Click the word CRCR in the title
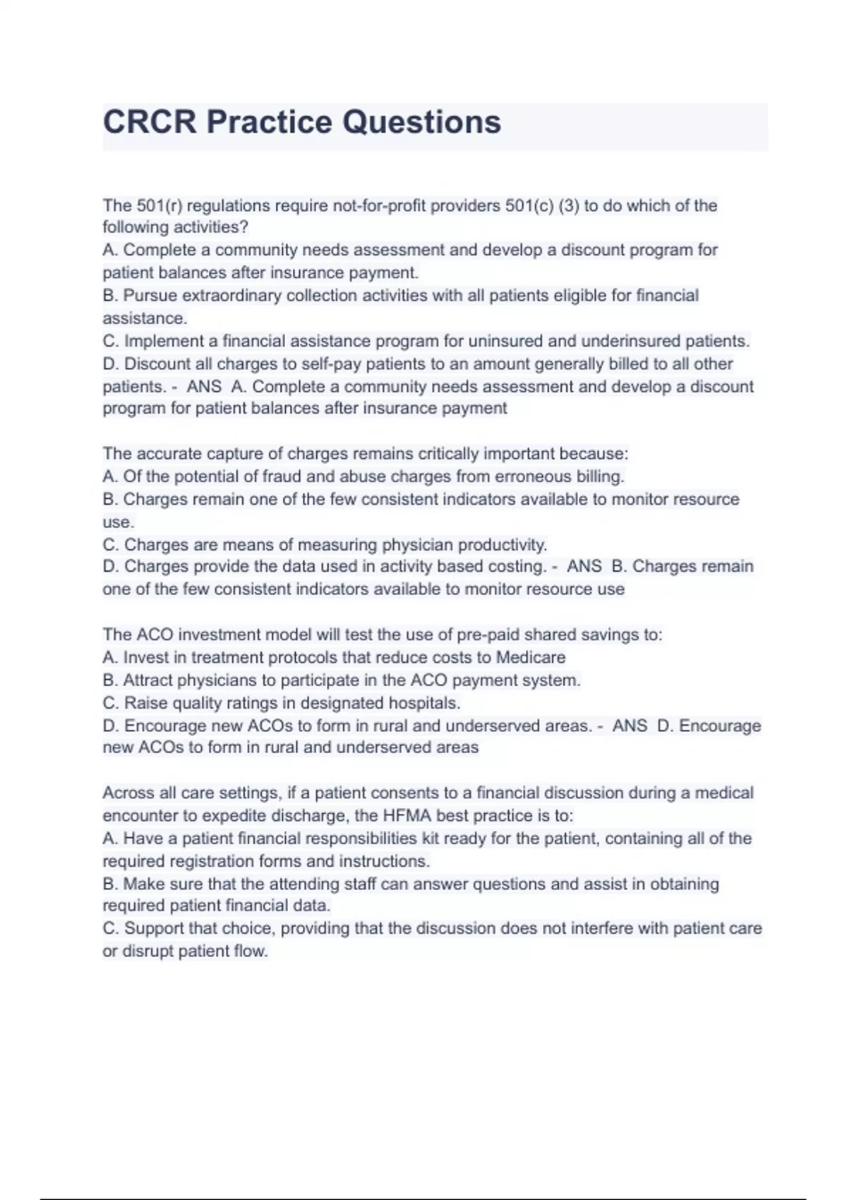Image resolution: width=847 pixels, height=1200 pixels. point(149,121)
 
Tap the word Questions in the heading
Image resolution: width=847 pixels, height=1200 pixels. point(421,121)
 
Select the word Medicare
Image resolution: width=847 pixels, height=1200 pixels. point(530,657)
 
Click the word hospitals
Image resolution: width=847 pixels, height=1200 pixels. point(424,703)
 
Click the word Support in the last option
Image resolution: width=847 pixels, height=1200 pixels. point(154,928)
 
